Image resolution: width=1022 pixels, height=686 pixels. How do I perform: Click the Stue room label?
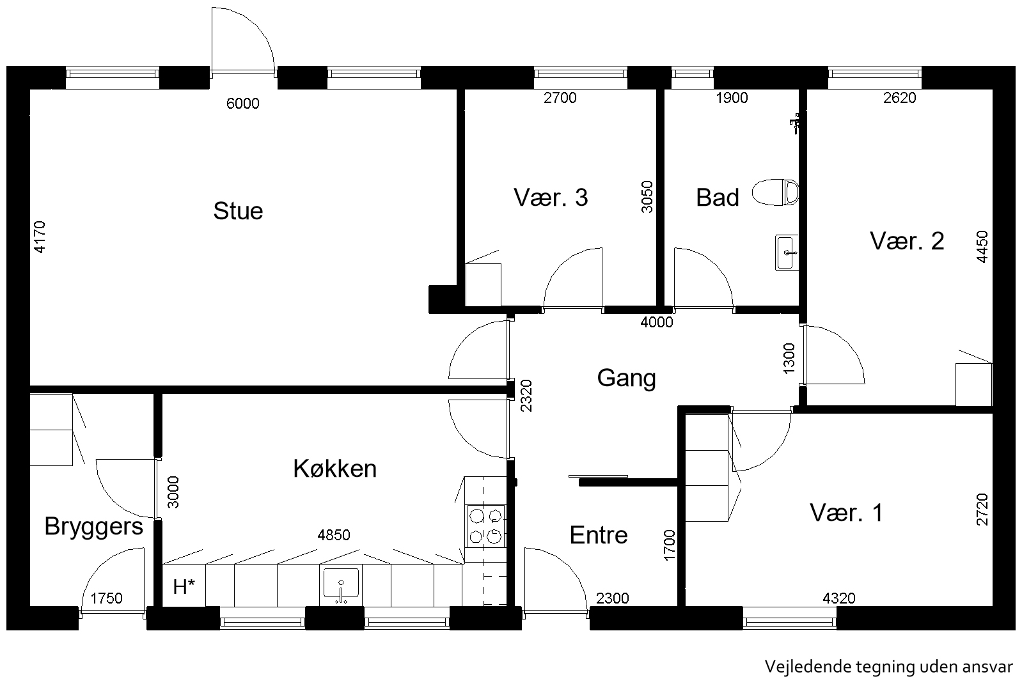pos(238,211)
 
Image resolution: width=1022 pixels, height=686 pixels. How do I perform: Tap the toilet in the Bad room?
pos(775,192)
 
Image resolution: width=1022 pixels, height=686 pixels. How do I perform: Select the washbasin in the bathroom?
pos(787,253)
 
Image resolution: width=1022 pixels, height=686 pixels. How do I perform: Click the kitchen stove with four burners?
pos(485,526)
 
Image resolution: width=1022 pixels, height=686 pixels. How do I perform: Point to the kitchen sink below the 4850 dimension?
pos(341,584)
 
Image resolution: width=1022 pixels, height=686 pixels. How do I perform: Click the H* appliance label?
pos(184,587)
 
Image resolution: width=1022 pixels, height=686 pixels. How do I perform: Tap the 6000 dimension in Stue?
pos(243,104)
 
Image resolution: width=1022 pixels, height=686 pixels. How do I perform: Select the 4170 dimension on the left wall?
pos(40,237)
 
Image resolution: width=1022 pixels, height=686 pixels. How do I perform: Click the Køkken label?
pos(335,469)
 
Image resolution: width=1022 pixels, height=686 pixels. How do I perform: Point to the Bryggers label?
pos(94,527)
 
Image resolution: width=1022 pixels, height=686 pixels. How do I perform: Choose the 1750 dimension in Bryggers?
pos(106,598)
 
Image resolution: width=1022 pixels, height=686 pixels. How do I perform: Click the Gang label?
pos(626,378)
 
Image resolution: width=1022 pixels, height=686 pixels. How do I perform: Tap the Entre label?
pos(599,535)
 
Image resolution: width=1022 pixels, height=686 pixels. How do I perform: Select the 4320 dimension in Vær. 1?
pos(839,598)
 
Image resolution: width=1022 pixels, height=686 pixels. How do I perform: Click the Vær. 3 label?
pos(551,198)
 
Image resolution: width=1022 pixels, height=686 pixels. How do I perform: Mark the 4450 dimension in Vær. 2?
pos(982,247)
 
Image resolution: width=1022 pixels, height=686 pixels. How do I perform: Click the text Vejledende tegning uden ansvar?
pos(889,666)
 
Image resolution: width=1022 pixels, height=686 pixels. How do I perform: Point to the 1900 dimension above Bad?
pos(732,98)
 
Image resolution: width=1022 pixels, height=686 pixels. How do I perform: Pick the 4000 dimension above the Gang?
pos(657,322)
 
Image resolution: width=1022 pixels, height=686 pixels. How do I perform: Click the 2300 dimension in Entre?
pos(612,598)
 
